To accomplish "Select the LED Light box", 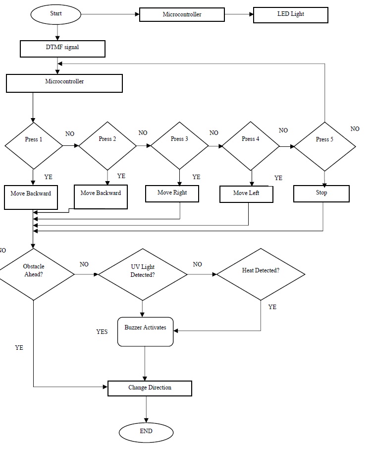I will click(x=290, y=14).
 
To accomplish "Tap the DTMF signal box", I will click(x=62, y=49).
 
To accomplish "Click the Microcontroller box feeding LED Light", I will click(x=182, y=14).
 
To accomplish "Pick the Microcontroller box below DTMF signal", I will click(x=64, y=83).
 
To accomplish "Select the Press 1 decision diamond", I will click(x=34, y=145).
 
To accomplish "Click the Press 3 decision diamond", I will click(x=179, y=145).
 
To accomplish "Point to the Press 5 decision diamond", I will click(x=324, y=146).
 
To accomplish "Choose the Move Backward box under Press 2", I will click(x=101, y=196).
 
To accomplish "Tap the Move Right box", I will click(x=172, y=193).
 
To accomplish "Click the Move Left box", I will click(x=246, y=194).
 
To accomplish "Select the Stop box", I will click(x=321, y=193).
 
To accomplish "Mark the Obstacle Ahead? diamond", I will click(x=33, y=272).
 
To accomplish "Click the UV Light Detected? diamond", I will click(x=143, y=273).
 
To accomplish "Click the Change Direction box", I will click(x=150, y=388).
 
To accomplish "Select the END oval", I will click(x=146, y=432).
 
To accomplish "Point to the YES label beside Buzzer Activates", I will click(x=102, y=332).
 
